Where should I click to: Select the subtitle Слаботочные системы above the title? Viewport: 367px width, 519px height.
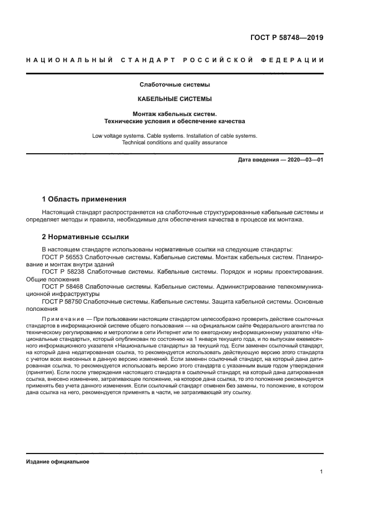(x=174, y=85)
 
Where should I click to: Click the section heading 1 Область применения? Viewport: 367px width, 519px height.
(x=84, y=199)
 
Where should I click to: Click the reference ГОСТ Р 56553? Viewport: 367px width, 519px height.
(x=62, y=258)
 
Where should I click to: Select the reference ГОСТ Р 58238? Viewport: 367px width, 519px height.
(x=62, y=272)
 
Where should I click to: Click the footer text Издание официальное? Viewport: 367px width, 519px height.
(x=57, y=462)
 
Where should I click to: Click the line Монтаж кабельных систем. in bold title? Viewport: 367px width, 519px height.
(x=174, y=113)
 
